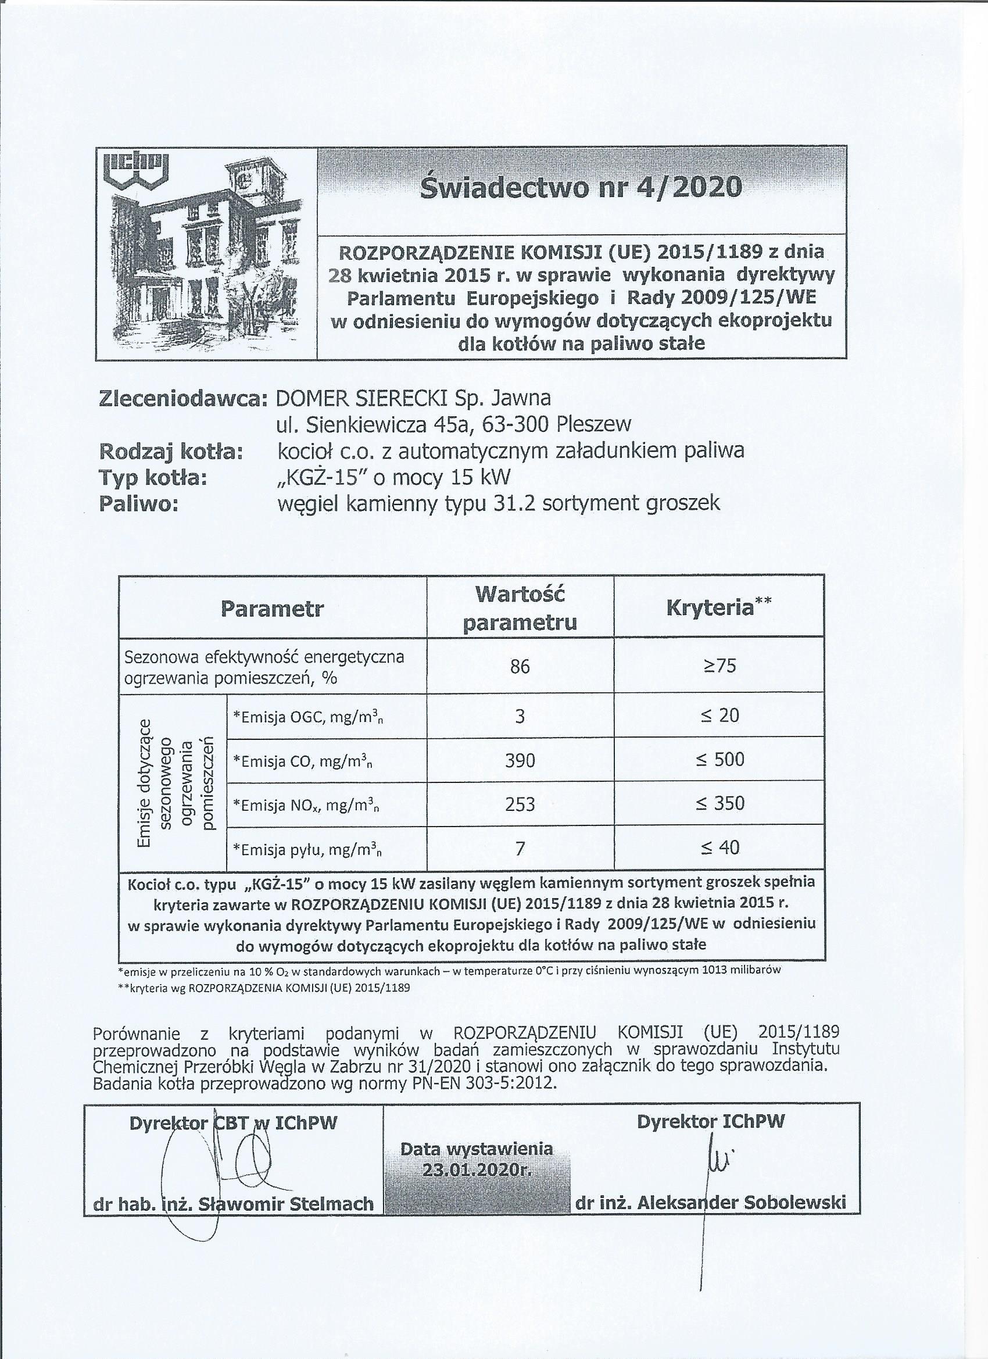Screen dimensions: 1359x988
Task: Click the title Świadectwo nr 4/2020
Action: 580,188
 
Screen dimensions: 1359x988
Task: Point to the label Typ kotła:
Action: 153,478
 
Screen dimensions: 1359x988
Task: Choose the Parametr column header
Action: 272,609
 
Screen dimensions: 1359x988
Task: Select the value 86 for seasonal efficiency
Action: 520,666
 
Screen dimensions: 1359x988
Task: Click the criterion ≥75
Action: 719,666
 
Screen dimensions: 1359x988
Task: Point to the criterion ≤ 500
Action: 719,760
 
